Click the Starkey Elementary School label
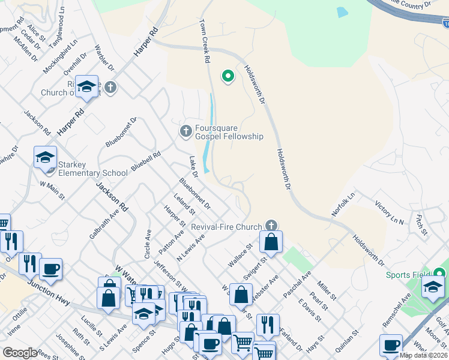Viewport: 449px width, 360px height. click(92, 169)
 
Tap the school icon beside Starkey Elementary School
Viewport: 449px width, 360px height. click(45, 157)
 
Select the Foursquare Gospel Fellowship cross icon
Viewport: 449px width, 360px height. click(186, 130)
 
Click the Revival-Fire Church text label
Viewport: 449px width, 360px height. click(226, 227)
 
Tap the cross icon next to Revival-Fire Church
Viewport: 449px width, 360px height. click(271, 226)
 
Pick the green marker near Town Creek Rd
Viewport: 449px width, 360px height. click(228, 76)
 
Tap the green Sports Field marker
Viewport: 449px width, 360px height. click(441, 274)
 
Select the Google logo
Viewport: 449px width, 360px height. click(20, 353)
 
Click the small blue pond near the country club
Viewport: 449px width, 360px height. click(342, 11)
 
